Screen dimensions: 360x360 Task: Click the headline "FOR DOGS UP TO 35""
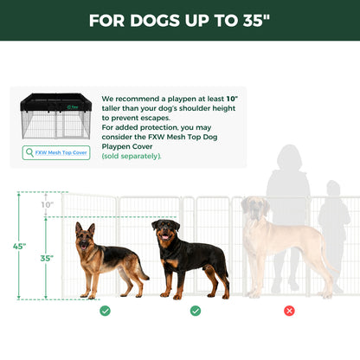[x=180, y=21]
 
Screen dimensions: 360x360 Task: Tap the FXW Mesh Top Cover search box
[x=56, y=152]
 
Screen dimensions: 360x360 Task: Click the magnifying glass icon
[x=30, y=152]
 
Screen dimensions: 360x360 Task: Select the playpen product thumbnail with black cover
[x=55, y=116]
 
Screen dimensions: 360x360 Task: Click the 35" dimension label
[x=47, y=258]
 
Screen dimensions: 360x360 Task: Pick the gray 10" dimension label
[x=47, y=205]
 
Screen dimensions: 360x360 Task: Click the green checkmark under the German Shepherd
[x=105, y=310]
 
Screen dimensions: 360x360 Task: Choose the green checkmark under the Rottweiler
[x=196, y=310]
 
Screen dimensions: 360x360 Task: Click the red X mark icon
[x=289, y=310]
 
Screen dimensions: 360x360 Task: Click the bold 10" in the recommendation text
[x=231, y=100]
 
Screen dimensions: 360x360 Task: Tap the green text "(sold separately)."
[x=132, y=156]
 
